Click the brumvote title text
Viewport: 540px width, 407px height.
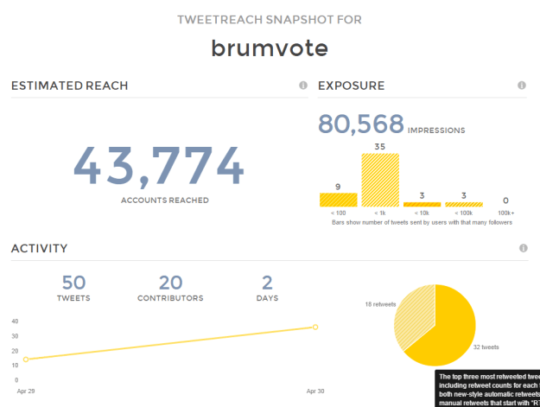(x=270, y=48)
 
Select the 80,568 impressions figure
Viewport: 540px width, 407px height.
(x=360, y=124)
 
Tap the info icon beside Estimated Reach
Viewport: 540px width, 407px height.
(x=303, y=86)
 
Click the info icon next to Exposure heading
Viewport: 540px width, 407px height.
(x=522, y=86)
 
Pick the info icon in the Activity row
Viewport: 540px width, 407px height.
(x=522, y=248)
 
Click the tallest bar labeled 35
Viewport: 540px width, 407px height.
(x=379, y=180)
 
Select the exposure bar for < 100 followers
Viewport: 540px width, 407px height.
(x=338, y=200)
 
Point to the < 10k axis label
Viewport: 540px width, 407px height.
(x=422, y=213)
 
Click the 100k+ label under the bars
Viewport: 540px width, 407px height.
(x=505, y=213)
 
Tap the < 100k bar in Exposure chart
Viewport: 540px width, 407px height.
(x=463, y=205)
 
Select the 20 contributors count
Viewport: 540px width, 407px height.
(x=170, y=283)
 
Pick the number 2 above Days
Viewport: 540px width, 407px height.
(x=267, y=283)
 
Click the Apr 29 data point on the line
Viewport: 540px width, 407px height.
(x=26, y=359)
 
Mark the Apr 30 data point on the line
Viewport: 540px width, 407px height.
(x=315, y=327)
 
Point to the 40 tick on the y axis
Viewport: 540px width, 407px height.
(x=15, y=321)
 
